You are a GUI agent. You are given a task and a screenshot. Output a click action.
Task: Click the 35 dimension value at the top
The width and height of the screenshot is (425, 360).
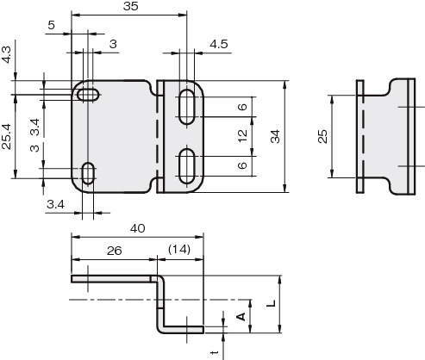coord(131,6)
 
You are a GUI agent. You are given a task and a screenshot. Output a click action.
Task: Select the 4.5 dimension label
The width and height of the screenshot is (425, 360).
coord(219,44)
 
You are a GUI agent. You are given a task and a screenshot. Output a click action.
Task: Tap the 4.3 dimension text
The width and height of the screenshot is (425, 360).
coord(7,54)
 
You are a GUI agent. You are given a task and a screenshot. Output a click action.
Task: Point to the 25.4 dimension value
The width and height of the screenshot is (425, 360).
coord(7,137)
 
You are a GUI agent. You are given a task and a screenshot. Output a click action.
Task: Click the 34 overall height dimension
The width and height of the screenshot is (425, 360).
coord(275,136)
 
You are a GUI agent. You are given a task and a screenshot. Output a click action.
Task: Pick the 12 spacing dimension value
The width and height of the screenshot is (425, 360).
coord(243,136)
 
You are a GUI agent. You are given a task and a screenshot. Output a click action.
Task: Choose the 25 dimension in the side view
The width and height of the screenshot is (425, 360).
coord(322,136)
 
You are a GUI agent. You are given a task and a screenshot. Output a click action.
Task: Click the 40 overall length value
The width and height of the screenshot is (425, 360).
coord(138,228)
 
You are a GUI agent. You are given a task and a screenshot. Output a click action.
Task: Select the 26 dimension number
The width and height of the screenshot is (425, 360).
coord(115,251)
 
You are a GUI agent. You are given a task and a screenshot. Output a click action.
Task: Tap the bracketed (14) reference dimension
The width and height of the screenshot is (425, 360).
coord(179,249)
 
